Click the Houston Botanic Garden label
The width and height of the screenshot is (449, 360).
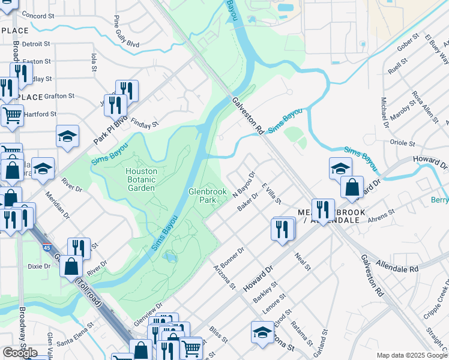141,179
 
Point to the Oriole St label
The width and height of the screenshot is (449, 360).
403,143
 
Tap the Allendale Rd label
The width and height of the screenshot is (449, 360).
397,266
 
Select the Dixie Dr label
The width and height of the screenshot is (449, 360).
39,266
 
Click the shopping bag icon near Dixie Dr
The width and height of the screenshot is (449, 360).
71,266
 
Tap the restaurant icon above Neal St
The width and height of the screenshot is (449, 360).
282,229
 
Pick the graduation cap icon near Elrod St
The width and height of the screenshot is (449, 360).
262,332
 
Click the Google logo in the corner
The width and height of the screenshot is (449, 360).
20,352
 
